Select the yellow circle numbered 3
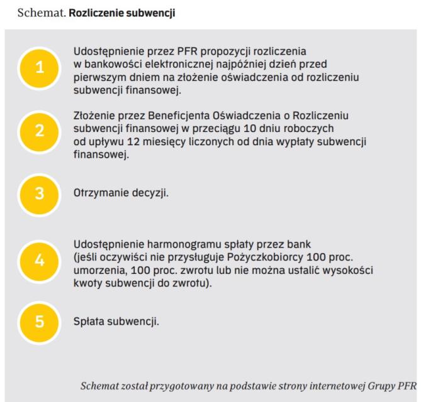click(39, 193)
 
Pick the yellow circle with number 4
click(39, 261)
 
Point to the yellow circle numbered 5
click(39, 322)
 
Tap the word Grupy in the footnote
click(378, 385)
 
